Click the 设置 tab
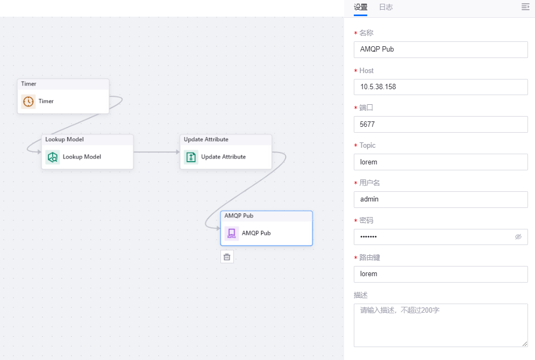(361, 8)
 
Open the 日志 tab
(386, 8)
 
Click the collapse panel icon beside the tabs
(525, 7)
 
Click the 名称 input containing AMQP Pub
(440, 49)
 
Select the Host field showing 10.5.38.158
(440, 87)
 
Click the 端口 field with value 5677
(440, 124)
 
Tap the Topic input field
(440, 162)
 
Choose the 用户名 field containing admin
(440, 199)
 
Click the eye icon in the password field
(518, 236)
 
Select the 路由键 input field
(440, 274)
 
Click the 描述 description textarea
(440, 325)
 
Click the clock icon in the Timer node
(28, 102)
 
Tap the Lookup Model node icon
(53, 157)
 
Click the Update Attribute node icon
(191, 157)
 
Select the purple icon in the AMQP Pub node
(232, 233)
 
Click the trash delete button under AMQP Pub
(227, 257)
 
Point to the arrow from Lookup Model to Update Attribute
(156, 152)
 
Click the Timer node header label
(29, 84)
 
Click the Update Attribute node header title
(206, 140)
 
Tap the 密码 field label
(366, 220)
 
